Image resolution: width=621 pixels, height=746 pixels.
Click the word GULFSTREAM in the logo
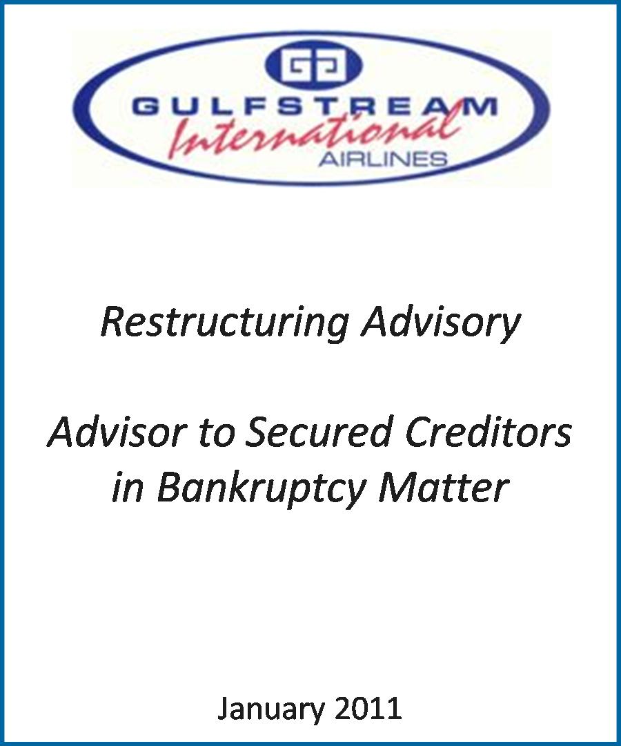click(315, 106)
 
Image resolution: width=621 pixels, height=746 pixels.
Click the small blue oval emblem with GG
click(313, 65)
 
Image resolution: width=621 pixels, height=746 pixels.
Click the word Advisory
click(441, 323)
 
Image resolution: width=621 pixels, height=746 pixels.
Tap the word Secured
click(318, 432)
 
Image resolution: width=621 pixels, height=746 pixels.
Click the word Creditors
click(488, 432)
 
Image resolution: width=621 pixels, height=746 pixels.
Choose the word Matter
click(443, 487)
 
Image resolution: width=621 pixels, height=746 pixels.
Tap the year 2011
click(368, 709)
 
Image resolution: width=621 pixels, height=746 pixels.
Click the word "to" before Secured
click(216, 433)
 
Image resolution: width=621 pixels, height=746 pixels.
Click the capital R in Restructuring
click(113, 322)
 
